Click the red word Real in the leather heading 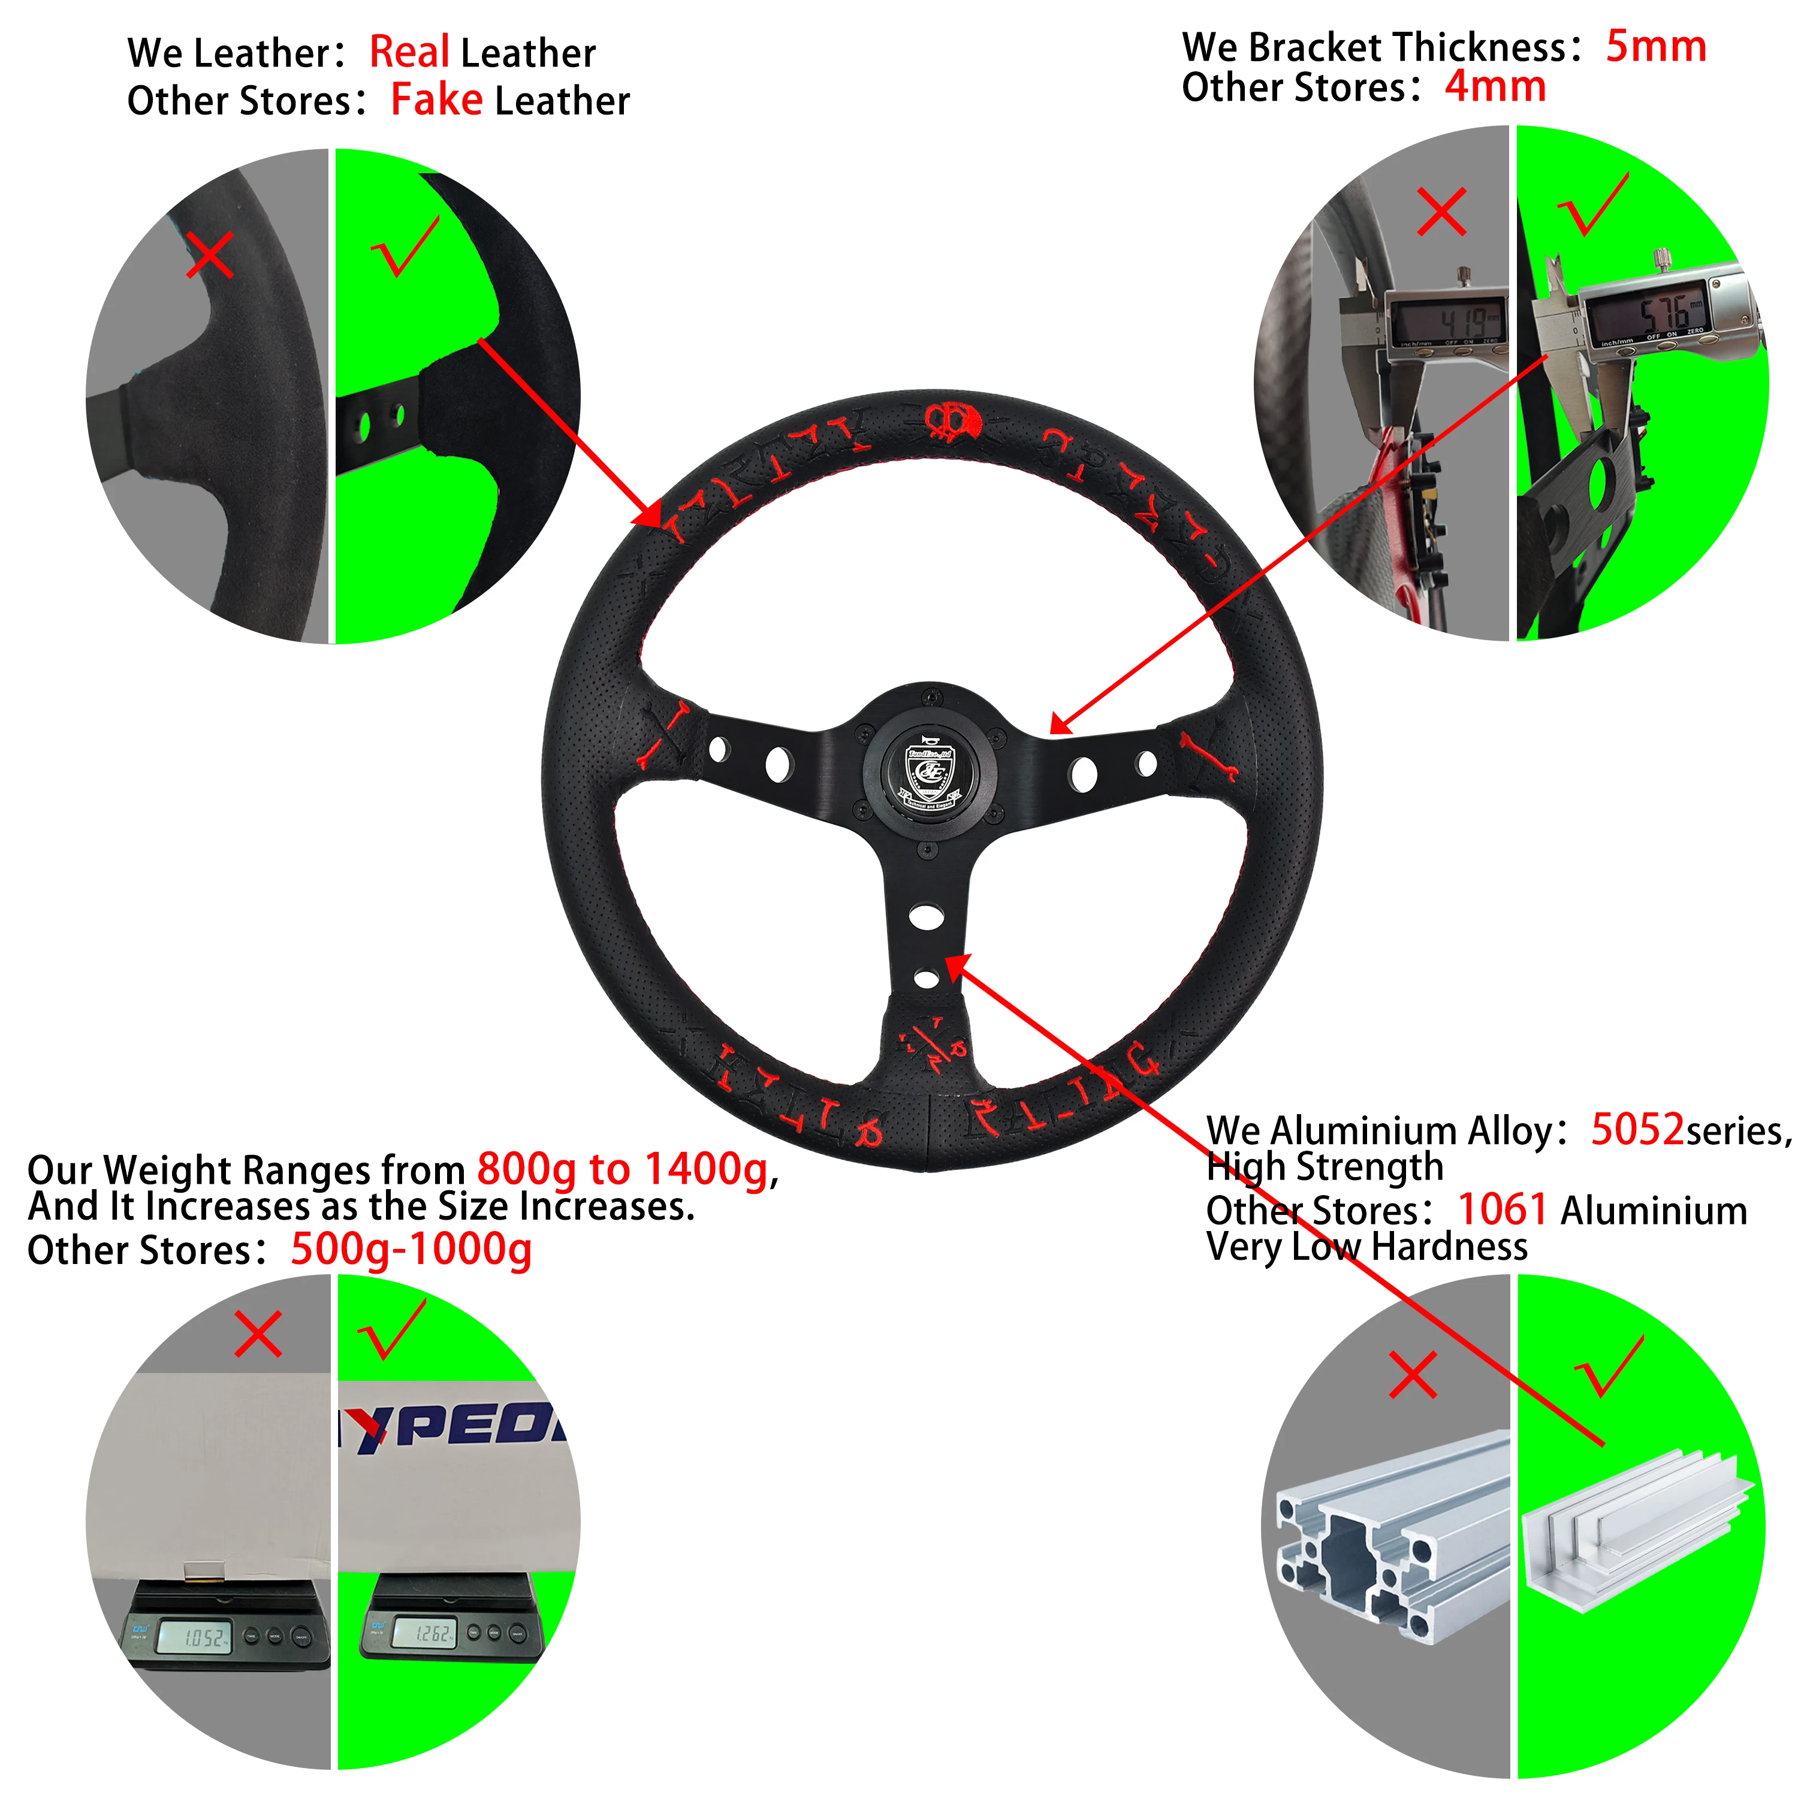pos(409,52)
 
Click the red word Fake pos(436,99)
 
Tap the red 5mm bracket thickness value pos(1655,47)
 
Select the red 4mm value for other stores pos(1495,88)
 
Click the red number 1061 pos(1502,1210)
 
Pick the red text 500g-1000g pos(411,1250)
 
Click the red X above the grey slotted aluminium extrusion pos(1412,1375)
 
